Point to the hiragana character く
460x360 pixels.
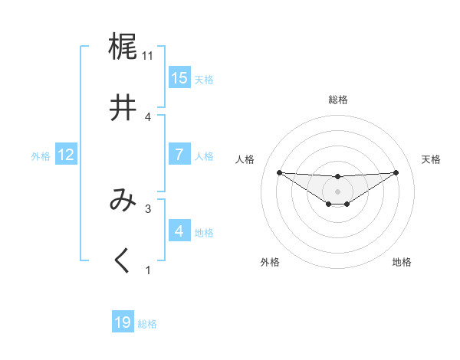(x=123, y=261)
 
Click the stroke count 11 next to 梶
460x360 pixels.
(x=148, y=56)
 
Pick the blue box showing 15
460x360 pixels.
(x=179, y=78)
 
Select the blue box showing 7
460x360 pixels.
(x=179, y=155)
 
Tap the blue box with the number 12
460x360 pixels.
(x=66, y=155)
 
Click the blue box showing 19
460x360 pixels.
(x=123, y=322)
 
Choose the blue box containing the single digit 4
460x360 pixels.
(x=179, y=231)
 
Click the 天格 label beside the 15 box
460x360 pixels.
(x=204, y=80)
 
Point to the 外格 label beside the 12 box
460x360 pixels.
(x=41, y=156)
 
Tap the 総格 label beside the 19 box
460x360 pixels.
(x=147, y=324)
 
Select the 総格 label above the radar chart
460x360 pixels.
(x=338, y=100)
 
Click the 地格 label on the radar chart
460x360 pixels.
(x=402, y=262)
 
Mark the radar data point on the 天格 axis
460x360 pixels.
(x=396, y=172)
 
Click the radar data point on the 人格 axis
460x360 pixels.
(x=279, y=172)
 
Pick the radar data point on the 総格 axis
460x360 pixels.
(x=338, y=177)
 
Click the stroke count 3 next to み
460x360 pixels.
(x=148, y=208)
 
